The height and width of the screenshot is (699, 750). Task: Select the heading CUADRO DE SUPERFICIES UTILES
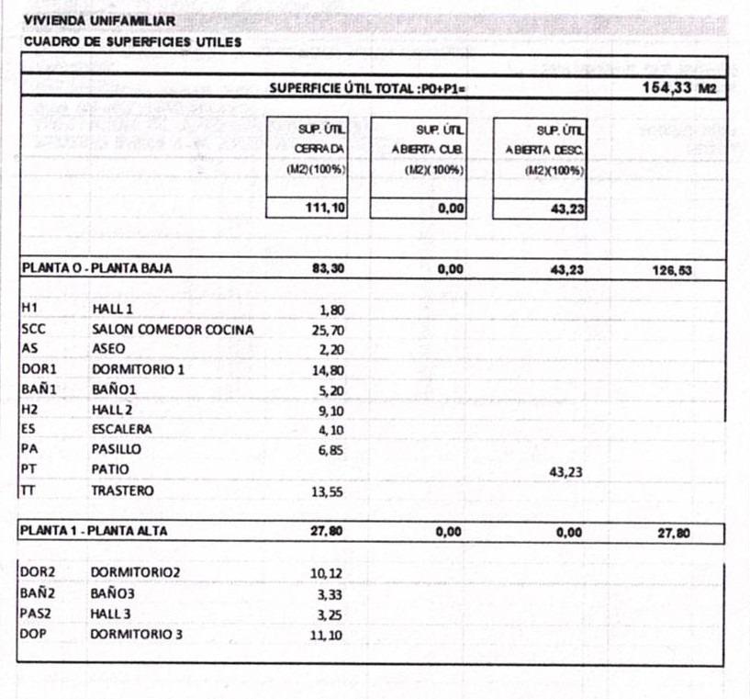click(x=132, y=41)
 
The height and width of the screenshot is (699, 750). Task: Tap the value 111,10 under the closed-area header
click(x=325, y=209)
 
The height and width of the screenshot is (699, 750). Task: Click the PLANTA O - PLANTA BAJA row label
click(x=96, y=269)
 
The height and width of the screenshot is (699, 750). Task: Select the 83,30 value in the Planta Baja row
click(x=329, y=269)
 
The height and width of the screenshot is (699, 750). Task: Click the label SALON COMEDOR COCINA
click(x=172, y=330)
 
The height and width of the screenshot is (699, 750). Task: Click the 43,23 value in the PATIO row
click(x=566, y=471)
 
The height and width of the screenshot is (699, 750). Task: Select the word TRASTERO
click(x=122, y=490)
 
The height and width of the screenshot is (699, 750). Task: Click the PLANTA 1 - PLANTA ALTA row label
click(x=95, y=531)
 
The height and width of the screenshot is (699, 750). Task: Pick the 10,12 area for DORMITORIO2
click(x=328, y=574)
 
